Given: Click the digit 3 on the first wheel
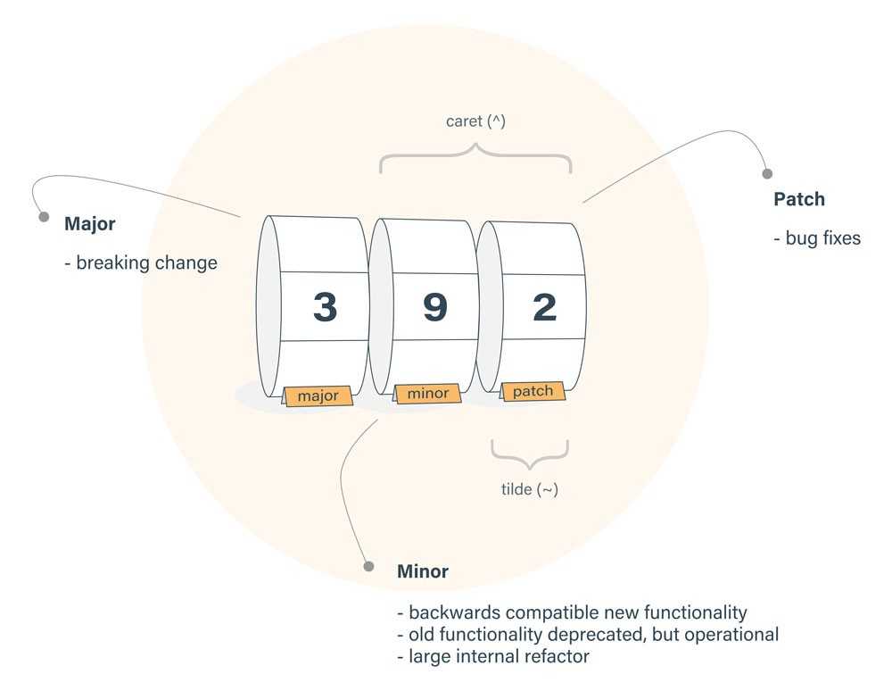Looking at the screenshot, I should (x=326, y=307).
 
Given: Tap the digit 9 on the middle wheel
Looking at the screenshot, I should (x=434, y=307).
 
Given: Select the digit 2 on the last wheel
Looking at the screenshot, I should (x=544, y=307).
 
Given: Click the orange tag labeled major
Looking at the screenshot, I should (x=318, y=395).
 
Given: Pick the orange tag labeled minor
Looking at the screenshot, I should (x=428, y=393).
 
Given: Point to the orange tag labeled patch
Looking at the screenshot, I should (x=533, y=391).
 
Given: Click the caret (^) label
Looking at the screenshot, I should (x=475, y=121).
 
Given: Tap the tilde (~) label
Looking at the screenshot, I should (x=529, y=489).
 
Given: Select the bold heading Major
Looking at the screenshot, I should (x=89, y=224).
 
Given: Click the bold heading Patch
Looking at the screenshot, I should (x=799, y=199).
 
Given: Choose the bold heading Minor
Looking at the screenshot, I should (x=423, y=571).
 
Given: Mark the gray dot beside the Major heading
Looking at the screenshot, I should (x=43, y=217).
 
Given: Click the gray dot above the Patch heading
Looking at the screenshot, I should (x=766, y=174).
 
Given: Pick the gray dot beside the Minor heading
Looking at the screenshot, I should (x=368, y=565).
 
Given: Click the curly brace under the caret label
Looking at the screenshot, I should (x=475, y=160).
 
